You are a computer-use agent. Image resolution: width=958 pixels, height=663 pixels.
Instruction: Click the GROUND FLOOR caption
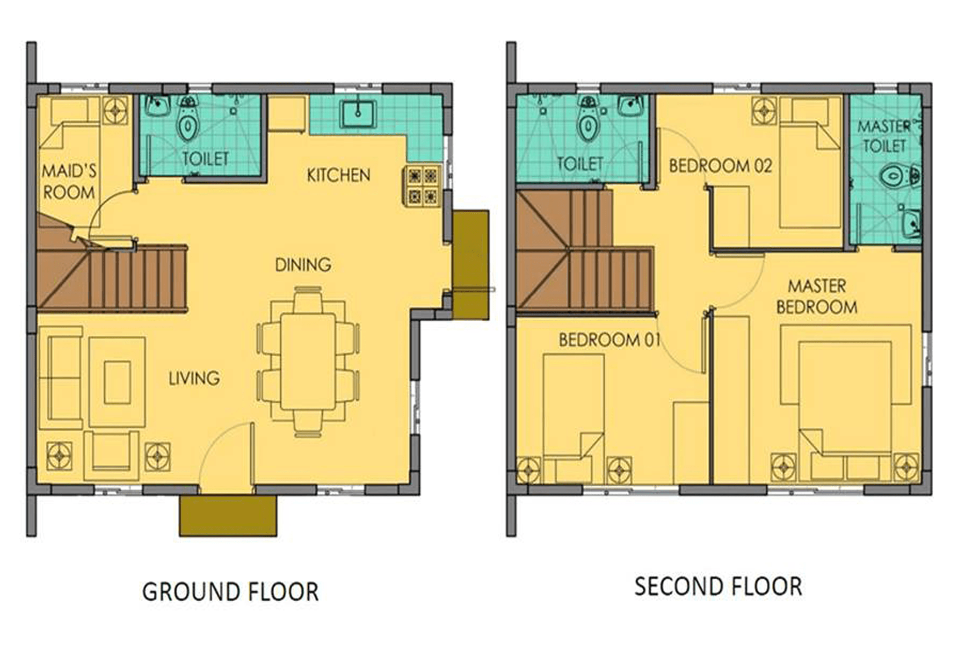[230, 591]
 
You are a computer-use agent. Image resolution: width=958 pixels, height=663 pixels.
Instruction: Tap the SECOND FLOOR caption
[718, 586]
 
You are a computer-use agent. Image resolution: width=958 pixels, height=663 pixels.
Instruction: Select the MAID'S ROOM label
[69, 181]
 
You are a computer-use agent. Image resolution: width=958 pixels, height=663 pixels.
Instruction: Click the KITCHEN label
[338, 175]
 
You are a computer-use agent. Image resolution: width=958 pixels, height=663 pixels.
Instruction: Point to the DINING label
[303, 265]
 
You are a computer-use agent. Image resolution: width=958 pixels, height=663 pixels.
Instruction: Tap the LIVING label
[194, 378]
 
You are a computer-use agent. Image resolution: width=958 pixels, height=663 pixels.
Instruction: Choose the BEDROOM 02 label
[720, 166]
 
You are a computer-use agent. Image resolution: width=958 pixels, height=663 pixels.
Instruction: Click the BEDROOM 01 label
[609, 340]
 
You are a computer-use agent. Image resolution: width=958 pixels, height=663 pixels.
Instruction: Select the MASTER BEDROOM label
[817, 296]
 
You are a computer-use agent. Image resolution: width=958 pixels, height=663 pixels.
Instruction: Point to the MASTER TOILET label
[884, 136]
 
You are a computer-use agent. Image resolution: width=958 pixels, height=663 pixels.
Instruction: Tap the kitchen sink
[358, 114]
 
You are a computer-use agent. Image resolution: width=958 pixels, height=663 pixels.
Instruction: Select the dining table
[308, 362]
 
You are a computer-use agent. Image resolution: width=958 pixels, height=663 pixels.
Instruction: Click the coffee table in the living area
[117, 382]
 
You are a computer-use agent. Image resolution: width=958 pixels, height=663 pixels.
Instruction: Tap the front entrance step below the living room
[228, 515]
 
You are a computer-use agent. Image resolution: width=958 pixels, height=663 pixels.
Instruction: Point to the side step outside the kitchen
[471, 265]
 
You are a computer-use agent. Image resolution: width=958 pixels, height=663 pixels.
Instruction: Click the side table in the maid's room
[116, 111]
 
